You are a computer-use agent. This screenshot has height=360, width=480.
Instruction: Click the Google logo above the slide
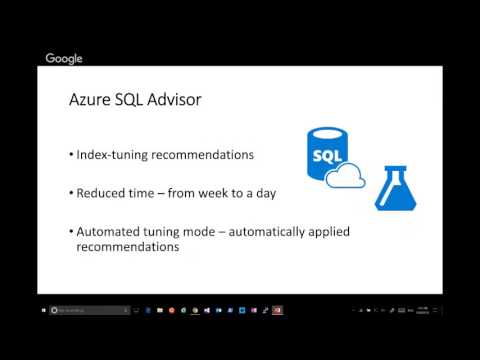(64, 59)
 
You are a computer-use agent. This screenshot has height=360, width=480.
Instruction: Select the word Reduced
(103, 192)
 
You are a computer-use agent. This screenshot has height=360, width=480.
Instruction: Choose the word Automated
(110, 231)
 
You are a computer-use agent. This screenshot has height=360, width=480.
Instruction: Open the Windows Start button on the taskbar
(46, 311)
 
